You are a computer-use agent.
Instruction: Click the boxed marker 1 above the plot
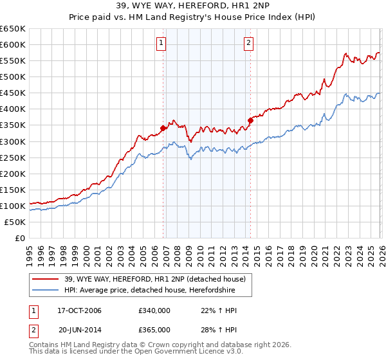(x=160, y=44)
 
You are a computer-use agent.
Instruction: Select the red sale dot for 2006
(x=163, y=128)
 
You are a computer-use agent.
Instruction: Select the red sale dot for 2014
(x=250, y=120)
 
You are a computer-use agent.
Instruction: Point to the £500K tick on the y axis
(x=13, y=76)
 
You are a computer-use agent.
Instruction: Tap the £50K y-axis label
(x=15, y=222)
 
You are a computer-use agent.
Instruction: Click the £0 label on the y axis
(x=20, y=238)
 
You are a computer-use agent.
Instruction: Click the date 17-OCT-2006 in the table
(x=80, y=311)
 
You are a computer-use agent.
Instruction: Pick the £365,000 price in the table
(x=154, y=329)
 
